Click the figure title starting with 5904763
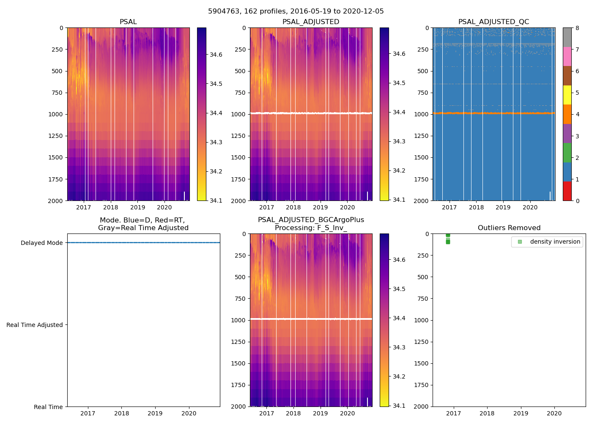(296, 11)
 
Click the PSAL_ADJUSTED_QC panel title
(493, 22)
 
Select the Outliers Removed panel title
(509, 228)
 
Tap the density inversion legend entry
(555, 242)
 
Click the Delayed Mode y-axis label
(41, 243)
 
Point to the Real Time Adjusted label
(35, 325)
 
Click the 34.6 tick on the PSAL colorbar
(216, 55)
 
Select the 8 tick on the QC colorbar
(577, 28)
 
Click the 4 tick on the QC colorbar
(577, 114)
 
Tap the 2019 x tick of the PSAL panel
(137, 207)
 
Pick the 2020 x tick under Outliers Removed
(554, 413)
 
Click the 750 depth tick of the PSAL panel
(56, 93)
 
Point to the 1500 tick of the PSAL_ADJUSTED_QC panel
(422, 157)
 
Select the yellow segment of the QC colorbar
(567, 95)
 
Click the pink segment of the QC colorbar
(567, 57)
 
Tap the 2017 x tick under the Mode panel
(88, 413)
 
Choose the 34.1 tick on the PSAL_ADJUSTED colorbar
(399, 200)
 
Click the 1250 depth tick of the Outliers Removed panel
(422, 342)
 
